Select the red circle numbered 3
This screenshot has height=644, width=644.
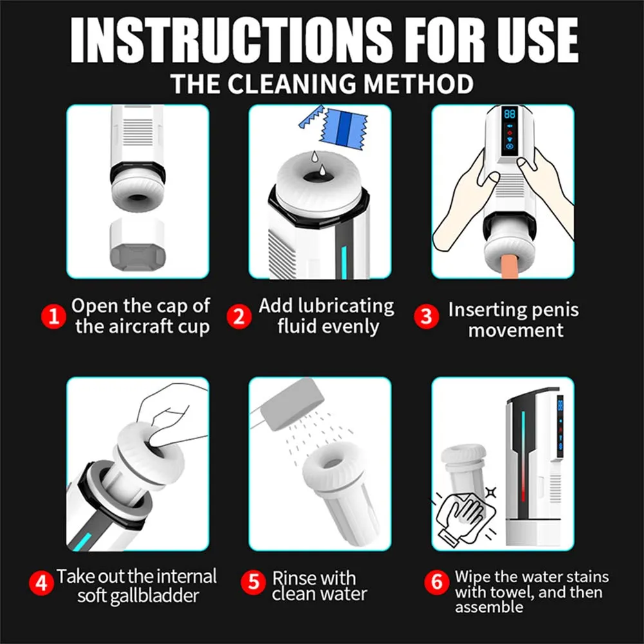(x=426, y=317)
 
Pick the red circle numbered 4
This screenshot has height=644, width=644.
(x=42, y=585)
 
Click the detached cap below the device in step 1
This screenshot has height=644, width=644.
(x=137, y=246)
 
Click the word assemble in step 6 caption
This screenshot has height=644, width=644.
(x=489, y=607)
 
